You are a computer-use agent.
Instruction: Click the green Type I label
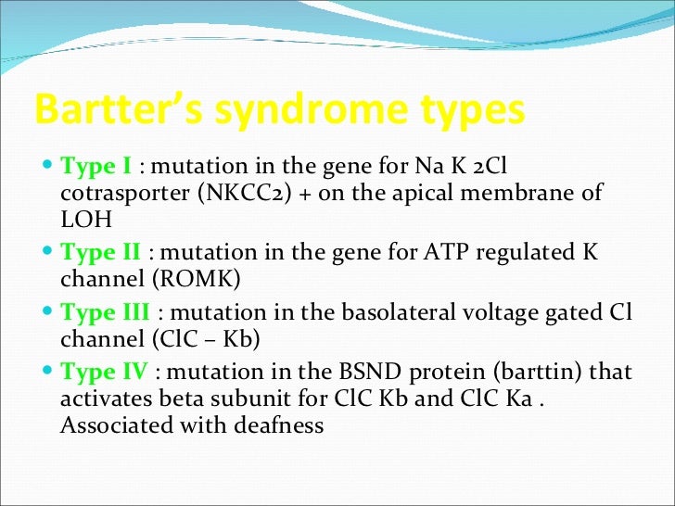click(x=96, y=168)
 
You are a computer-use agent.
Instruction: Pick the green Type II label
click(x=100, y=252)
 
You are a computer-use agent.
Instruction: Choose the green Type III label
click(x=104, y=312)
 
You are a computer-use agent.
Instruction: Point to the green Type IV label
click(x=104, y=373)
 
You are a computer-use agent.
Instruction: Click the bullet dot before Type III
click(x=48, y=313)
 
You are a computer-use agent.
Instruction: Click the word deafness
click(x=282, y=425)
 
